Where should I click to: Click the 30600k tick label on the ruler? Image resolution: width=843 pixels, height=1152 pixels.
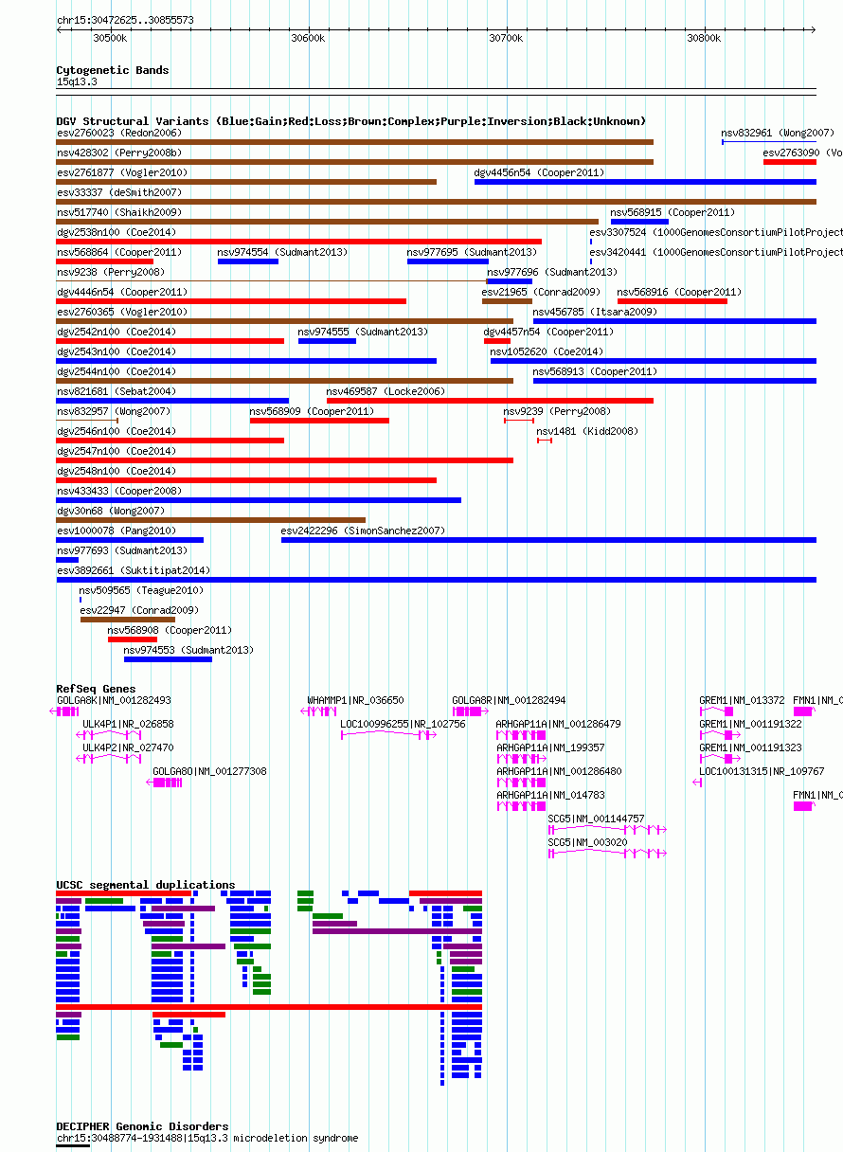[x=308, y=39]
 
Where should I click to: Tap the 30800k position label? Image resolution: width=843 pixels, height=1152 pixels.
[x=704, y=39]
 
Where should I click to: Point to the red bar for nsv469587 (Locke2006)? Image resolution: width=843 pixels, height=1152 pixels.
[x=490, y=401]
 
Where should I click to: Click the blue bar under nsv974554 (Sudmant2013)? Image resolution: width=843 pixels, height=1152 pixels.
[x=248, y=261]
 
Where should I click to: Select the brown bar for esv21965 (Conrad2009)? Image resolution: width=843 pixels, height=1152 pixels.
[x=507, y=301]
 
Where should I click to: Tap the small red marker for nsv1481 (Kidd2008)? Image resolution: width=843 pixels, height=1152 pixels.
[x=545, y=441]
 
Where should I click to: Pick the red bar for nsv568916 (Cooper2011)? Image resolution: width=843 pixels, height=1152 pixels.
[x=673, y=301]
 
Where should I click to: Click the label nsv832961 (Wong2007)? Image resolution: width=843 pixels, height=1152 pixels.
[x=777, y=134]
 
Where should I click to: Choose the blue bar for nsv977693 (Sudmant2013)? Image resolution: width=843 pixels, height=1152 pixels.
[x=67, y=560]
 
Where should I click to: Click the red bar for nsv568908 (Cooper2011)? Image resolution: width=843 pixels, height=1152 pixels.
[x=133, y=639]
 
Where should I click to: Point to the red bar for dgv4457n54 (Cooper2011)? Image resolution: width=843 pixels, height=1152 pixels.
[x=497, y=341]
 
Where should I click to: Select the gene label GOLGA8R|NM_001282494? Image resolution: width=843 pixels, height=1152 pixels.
[x=508, y=700]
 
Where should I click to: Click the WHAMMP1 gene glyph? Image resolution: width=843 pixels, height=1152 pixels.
[x=318, y=711]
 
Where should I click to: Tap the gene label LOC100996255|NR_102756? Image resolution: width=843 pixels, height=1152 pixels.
[x=403, y=724]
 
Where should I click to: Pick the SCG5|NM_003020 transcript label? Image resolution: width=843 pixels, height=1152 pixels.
[x=587, y=842]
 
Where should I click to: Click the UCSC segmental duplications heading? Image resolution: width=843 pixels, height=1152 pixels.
[x=146, y=885]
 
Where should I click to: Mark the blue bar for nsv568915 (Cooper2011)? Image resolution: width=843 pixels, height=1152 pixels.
[x=639, y=222]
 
